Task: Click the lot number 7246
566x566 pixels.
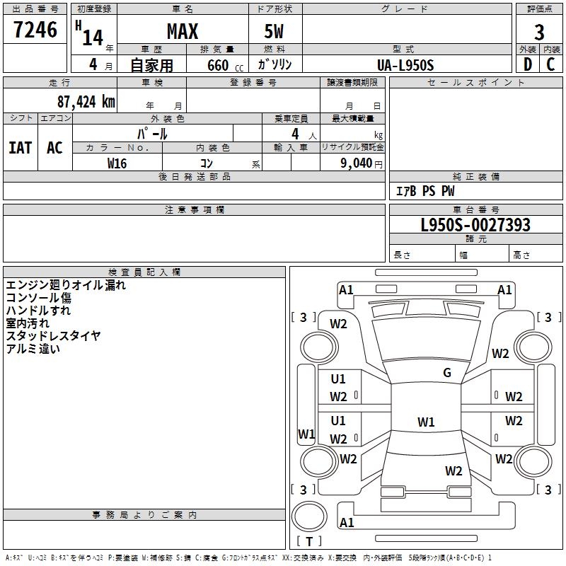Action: coord(35,30)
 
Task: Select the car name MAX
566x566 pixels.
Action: coord(182,31)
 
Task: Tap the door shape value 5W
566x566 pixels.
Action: coord(275,31)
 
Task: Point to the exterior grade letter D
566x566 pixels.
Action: coord(528,64)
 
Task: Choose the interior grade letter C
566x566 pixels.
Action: coord(550,64)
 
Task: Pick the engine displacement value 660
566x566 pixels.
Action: coord(217,65)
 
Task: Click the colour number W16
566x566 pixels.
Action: coord(117,163)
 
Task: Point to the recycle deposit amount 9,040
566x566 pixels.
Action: coord(357,163)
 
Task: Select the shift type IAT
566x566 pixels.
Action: coord(20,147)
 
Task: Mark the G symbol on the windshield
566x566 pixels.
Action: coord(447,373)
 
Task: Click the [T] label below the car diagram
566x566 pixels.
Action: coord(308,541)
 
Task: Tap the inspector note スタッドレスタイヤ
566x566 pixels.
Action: coord(53,335)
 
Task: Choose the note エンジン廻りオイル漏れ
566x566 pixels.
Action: coord(66,285)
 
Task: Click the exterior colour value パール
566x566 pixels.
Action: coord(152,133)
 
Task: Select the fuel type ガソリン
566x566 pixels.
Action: coord(275,65)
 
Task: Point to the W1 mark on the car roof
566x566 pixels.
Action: coord(425,422)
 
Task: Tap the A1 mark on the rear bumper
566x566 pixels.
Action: coord(347,523)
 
